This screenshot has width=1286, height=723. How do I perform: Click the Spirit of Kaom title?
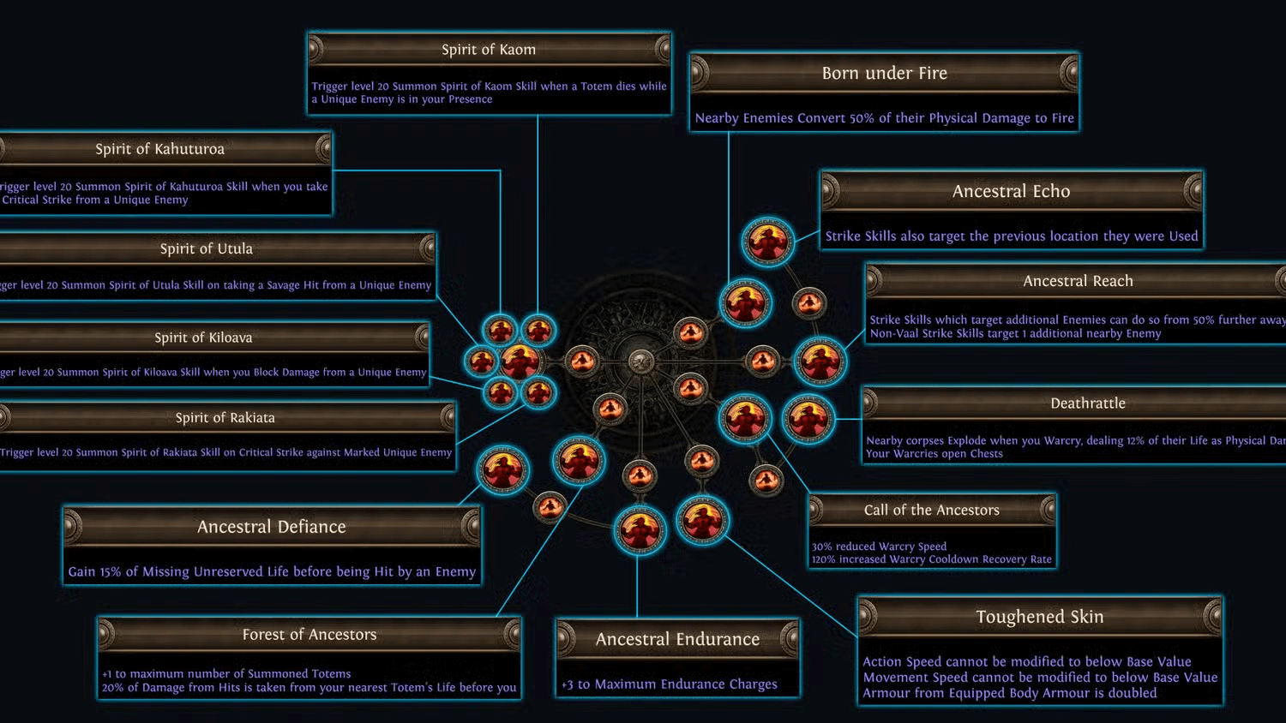(489, 50)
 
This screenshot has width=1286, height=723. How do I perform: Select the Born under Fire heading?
(884, 74)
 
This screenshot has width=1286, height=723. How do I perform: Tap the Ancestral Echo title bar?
(1011, 192)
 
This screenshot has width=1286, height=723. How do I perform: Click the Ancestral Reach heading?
(1078, 281)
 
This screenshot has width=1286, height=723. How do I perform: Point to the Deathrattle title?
(1087, 403)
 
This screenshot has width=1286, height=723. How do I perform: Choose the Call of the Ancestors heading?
(931, 510)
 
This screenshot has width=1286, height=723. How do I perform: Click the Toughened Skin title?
(1039, 617)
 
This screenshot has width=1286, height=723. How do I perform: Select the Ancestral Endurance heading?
(677, 639)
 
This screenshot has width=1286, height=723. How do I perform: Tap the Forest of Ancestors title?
(309, 635)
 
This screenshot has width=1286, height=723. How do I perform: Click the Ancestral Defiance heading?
(271, 527)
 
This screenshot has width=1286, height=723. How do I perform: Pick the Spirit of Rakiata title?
(225, 418)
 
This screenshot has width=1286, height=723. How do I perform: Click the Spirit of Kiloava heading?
(203, 338)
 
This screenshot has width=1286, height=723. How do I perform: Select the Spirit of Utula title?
(206, 249)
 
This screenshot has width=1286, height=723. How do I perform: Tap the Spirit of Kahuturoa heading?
(159, 149)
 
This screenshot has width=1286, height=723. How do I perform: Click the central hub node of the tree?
(641, 361)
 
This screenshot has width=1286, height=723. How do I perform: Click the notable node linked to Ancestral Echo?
(767, 242)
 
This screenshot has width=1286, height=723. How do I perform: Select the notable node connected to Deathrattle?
(808, 419)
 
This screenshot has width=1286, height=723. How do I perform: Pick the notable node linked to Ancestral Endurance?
(640, 529)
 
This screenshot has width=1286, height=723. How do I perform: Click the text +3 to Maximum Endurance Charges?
(669, 684)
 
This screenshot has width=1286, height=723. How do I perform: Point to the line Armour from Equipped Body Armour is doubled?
(1009, 693)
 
